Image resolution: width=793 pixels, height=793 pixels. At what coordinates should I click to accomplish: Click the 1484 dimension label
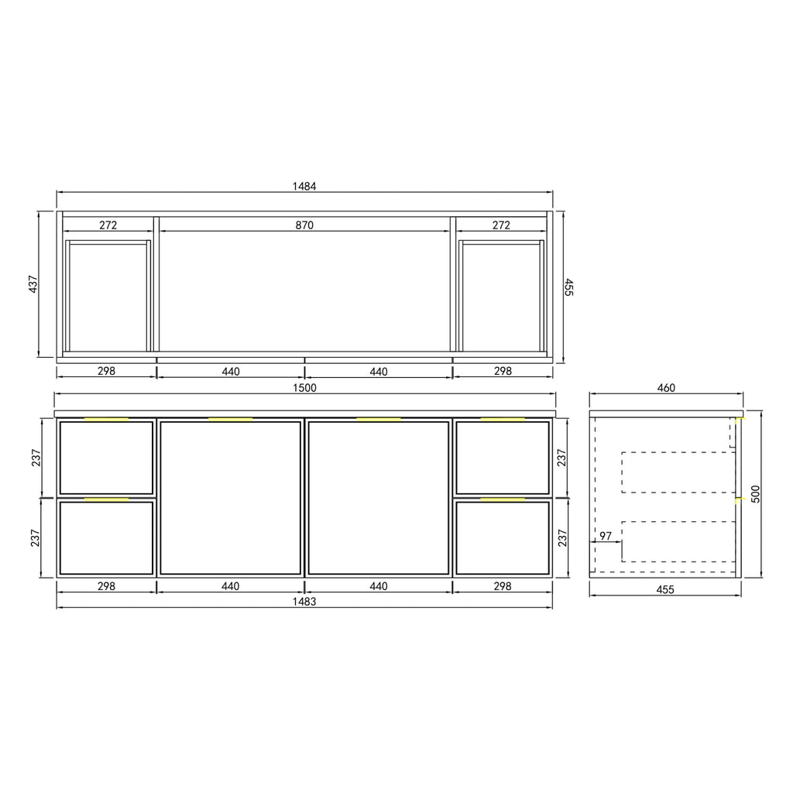304,186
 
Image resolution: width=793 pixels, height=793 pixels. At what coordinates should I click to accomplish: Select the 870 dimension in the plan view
304,225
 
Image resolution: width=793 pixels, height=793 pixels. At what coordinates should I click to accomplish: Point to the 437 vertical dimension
33,284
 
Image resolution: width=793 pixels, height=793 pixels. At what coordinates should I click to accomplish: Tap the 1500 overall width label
304,388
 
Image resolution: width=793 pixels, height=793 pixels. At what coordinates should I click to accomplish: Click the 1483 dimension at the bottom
304,601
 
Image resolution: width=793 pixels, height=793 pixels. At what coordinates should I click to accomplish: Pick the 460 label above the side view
666,388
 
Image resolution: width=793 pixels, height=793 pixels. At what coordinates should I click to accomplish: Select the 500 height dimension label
756,494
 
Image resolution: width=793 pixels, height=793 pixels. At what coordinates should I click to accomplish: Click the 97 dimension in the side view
606,536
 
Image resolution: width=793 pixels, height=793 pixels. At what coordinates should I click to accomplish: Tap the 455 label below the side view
665,589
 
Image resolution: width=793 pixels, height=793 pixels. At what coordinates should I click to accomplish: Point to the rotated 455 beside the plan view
569,287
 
